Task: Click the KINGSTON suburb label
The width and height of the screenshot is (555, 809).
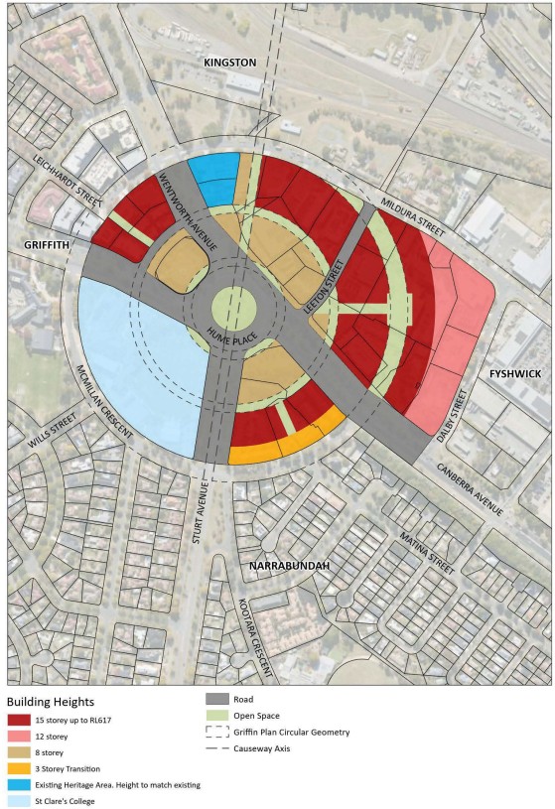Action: (x=230, y=63)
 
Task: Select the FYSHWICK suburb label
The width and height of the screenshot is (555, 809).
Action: (x=512, y=373)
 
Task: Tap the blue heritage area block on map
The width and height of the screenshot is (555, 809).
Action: (x=212, y=178)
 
